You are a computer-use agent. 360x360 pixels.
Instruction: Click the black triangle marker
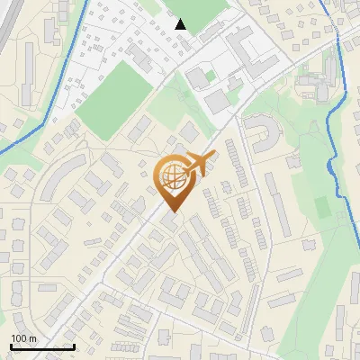point(181,24)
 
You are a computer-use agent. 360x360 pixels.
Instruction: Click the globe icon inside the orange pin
point(172,177)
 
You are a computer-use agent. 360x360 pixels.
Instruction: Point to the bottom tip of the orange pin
point(172,212)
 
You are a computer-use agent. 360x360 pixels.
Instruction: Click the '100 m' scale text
point(23,338)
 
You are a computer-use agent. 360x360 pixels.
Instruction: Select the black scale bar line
point(42,347)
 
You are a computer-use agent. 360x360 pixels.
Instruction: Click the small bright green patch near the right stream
point(322,207)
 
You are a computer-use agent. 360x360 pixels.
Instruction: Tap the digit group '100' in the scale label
point(19,338)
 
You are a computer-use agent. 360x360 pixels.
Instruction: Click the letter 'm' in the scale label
point(32,338)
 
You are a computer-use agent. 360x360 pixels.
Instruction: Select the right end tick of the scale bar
point(74,346)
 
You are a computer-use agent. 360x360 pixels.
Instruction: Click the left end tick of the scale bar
point(11,346)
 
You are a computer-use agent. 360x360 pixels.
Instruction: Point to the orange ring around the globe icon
point(157,177)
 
